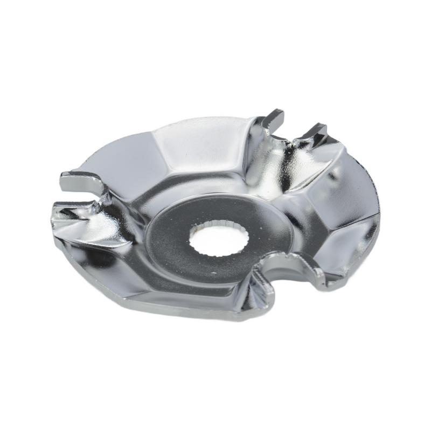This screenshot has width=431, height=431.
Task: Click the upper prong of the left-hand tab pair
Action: point(81,180)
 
